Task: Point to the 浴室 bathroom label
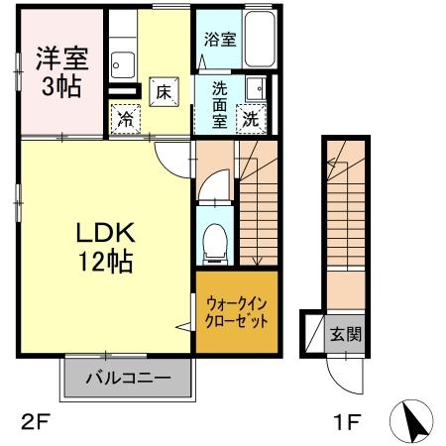(x=220, y=41)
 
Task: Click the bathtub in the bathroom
(x=259, y=39)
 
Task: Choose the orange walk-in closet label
(x=237, y=315)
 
